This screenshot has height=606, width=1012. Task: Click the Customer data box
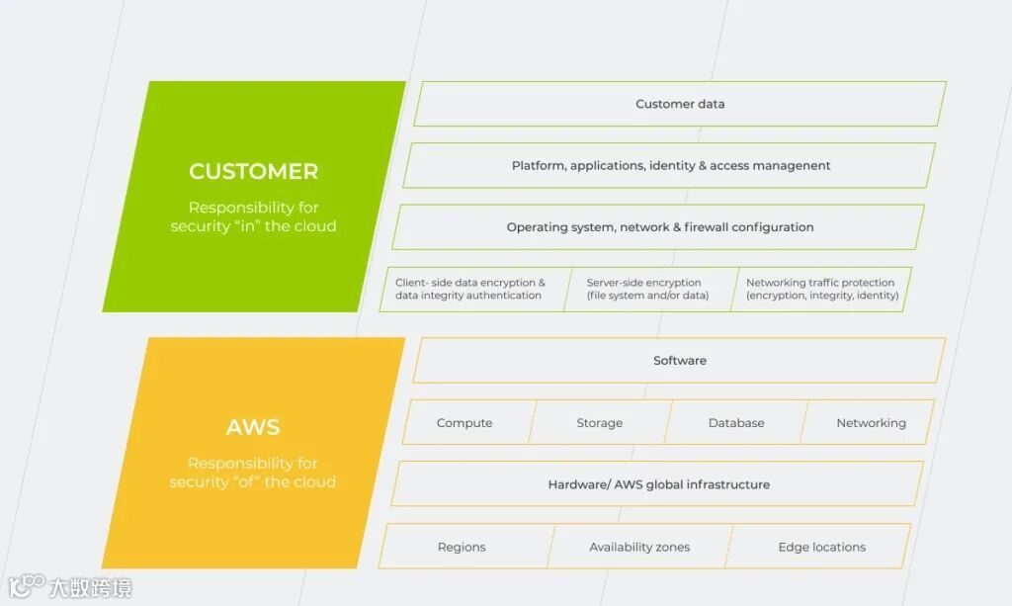tap(680, 104)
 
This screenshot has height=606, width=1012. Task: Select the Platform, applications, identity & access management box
tap(670, 165)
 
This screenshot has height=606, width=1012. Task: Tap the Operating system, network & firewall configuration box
tap(659, 227)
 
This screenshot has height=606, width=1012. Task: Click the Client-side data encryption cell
tap(470, 289)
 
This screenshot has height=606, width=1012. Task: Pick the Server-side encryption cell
tap(647, 289)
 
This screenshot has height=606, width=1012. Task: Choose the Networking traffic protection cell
tap(821, 289)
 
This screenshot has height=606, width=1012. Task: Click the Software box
tap(680, 361)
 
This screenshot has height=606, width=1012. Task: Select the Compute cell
tap(464, 423)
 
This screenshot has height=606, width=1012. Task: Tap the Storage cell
tap(600, 423)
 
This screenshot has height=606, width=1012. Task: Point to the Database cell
tap(736, 423)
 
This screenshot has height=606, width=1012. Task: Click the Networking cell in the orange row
tap(871, 423)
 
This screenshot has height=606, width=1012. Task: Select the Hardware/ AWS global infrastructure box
tap(658, 484)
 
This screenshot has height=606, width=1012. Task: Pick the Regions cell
tap(462, 547)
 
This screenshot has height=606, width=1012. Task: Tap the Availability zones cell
tap(639, 547)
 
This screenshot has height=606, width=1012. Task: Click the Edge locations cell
tap(821, 547)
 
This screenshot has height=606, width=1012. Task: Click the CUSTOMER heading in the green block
tap(254, 171)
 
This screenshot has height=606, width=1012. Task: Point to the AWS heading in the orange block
tap(253, 427)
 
